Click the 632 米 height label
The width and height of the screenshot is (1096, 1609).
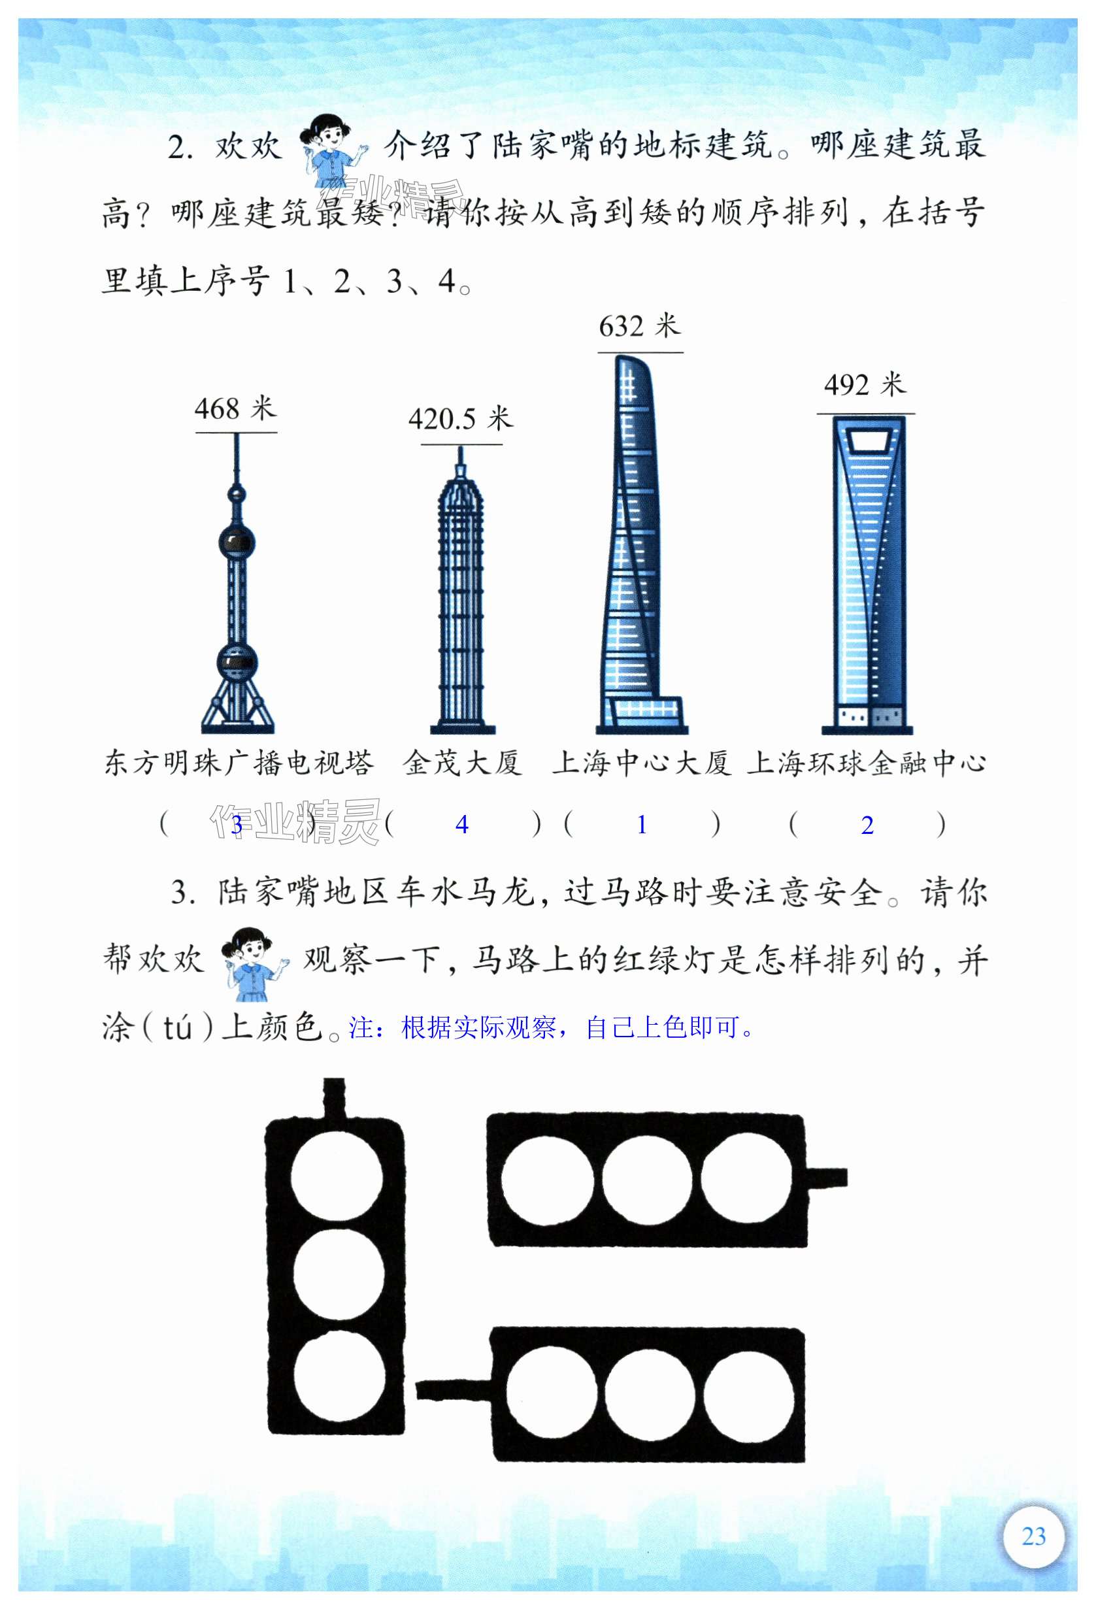tap(640, 326)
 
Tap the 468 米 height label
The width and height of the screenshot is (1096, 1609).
tap(235, 408)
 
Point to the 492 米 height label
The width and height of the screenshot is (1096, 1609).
tap(865, 385)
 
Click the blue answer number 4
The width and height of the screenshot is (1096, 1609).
tap(462, 825)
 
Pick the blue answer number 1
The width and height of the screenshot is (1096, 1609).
tap(642, 825)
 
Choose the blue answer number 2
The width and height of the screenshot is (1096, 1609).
tap(867, 825)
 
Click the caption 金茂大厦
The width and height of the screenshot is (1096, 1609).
tap(463, 763)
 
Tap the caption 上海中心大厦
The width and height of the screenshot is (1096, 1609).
tap(641, 763)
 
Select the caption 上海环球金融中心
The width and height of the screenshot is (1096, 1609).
tap(866, 763)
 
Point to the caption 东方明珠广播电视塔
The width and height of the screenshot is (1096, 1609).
tap(239, 763)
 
